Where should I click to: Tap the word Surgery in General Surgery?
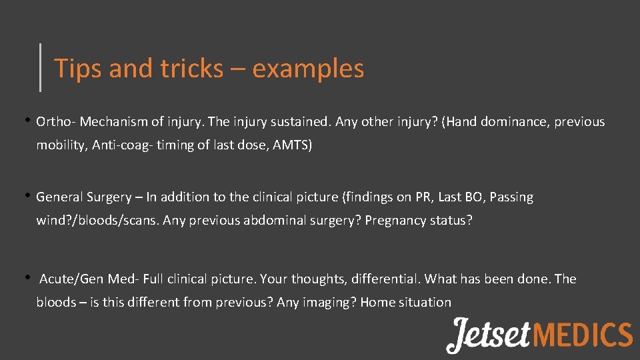coord(108,197)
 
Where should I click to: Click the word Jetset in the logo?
coord(489,334)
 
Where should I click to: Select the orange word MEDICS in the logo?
coord(583,335)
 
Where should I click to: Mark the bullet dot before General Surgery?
coord(29,196)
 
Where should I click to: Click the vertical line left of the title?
coord(41,67)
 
